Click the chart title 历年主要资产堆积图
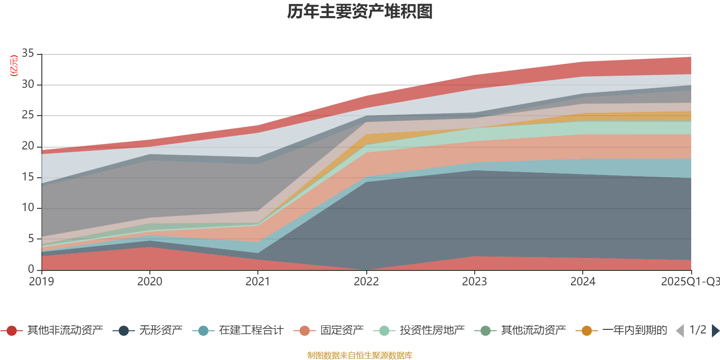pyautogui.click(x=360, y=12)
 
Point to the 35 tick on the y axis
pyautogui.click(x=28, y=54)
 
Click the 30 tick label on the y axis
pyautogui.click(x=28, y=85)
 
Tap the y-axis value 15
pyautogui.click(x=28, y=177)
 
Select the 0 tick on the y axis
pyautogui.click(x=31, y=269)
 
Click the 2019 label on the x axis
pyautogui.click(x=41, y=282)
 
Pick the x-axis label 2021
pyautogui.click(x=258, y=282)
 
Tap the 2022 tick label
pyautogui.click(x=366, y=282)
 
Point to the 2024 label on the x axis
pyautogui.click(x=583, y=282)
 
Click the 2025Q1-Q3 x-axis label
pyautogui.click(x=690, y=282)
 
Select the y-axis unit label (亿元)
pyautogui.click(x=14, y=66)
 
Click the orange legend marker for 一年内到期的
pyautogui.click(x=587, y=331)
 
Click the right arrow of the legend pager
pyautogui.click(x=715, y=331)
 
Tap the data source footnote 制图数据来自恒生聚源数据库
pyautogui.click(x=360, y=355)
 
